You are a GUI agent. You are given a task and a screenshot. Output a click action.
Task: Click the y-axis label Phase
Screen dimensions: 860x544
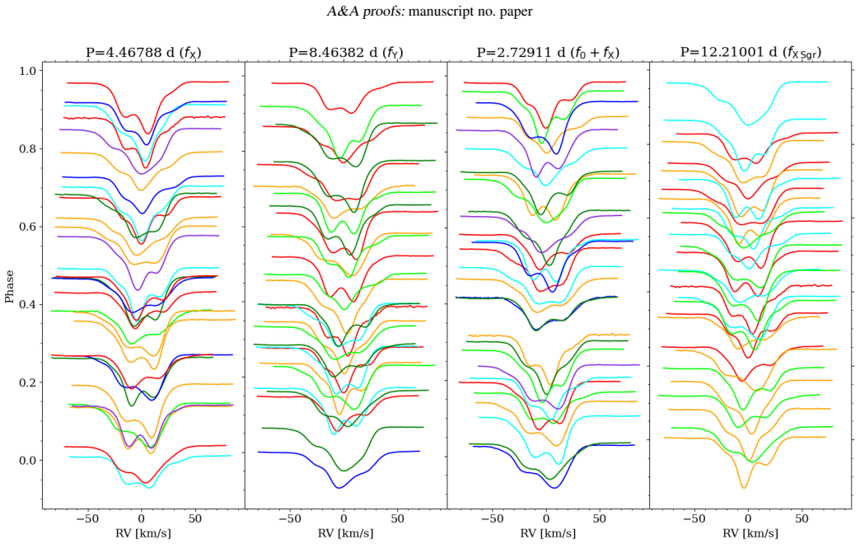[x=9, y=286]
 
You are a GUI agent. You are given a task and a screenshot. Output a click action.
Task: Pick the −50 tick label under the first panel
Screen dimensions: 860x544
[x=87, y=518]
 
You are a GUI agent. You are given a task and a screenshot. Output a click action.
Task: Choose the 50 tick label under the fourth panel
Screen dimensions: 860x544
[x=802, y=518]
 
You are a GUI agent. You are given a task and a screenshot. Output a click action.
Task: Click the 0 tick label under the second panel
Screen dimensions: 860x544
[x=344, y=518]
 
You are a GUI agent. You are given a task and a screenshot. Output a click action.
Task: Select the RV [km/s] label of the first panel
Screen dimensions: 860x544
[x=143, y=533]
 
